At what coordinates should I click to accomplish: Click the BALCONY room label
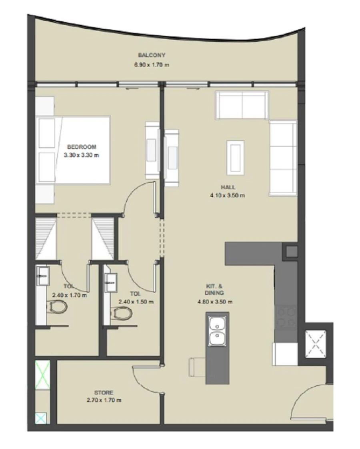coord(152,55)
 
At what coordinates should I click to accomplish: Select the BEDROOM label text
coord(82,147)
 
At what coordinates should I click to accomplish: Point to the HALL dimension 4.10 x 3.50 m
coord(227,196)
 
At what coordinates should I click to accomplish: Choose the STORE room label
coord(104,393)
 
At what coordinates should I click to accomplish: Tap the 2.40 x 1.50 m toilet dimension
coord(136,302)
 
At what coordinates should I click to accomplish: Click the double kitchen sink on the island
coord(217,330)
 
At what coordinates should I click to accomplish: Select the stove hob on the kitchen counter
coord(286,317)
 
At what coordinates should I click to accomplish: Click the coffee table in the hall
coord(235,157)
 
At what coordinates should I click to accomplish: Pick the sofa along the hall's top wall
coord(241,105)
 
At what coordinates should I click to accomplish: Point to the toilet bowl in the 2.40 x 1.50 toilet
coord(121,312)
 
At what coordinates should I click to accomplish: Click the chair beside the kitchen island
coord(196,367)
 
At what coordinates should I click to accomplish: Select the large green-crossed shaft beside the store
coord(42,374)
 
